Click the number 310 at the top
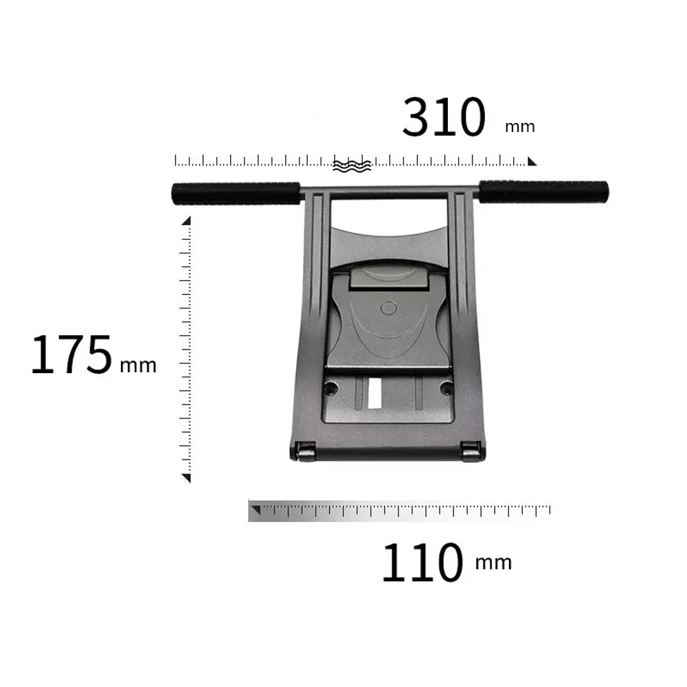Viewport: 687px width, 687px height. pyautogui.click(x=444, y=117)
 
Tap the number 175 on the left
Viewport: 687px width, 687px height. pyautogui.click(x=71, y=355)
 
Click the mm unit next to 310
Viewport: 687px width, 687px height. pyautogui.click(x=519, y=127)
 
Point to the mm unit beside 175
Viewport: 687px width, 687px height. pyautogui.click(x=138, y=365)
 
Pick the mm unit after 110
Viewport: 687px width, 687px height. pyautogui.click(x=493, y=563)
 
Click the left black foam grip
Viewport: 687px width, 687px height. pyautogui.click(x=236, y=193)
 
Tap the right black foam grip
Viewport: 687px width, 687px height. pyautogui.click(x=543, y=192)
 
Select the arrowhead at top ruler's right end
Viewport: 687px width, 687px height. pyautogui.click(x=532, y=162)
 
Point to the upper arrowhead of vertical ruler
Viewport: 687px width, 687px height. pyautogui.click(x=186, y=221)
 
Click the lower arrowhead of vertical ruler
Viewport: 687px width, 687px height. pyautogui.click(x=186, y=477)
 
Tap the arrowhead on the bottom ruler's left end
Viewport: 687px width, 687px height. pyautogui.click(x=255, y=510)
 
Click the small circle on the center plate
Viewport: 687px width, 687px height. pyautogui.click(x=388, y=308)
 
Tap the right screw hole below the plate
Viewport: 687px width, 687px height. pyautogui.click(x=447, y=388)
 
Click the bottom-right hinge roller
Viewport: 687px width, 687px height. pyautogui.click(x=471, y=451)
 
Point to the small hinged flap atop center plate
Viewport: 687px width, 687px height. pyautogui.click(x=386, y=280)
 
